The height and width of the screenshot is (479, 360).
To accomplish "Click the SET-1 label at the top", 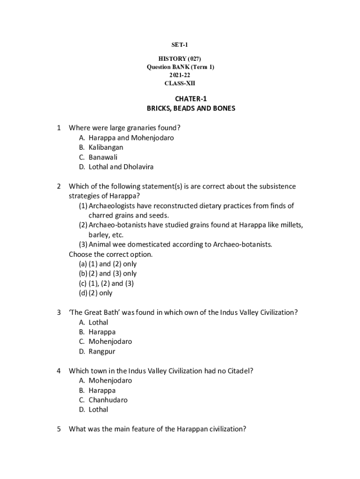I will point(180,45).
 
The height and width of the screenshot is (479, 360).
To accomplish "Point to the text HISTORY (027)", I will point(180,59).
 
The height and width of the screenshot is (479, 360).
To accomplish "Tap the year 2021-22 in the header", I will point(180,75).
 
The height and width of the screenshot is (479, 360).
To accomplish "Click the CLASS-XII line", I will point(180,83).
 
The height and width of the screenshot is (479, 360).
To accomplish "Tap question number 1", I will point(59,128).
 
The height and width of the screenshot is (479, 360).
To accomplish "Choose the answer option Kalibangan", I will point(106,147).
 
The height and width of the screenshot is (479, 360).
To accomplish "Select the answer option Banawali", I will point(103,157).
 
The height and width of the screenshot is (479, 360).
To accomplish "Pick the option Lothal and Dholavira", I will point(121,167).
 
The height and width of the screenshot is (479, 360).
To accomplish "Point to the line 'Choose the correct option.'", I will point(111,254).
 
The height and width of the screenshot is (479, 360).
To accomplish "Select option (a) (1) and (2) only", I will point(108,264).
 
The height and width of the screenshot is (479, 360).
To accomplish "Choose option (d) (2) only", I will point(96,293).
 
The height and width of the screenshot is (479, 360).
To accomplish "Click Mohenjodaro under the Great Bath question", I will point(110,341).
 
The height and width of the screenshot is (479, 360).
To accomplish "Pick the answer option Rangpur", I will point(101,351).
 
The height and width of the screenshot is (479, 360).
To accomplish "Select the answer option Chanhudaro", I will point(108,400).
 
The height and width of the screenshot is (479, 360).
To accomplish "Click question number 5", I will point(59,429).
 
